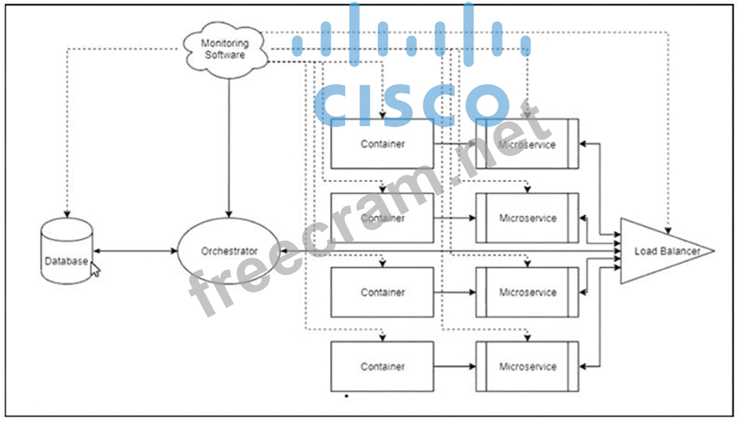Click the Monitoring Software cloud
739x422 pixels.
pyautogui.click(x=225, y=49)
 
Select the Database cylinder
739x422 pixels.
pyautogui.click(x=66, y=251)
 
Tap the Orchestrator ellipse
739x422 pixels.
pyautogui.click(x=229, y=251)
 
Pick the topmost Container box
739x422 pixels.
pyautogui.click(x=382, y=144)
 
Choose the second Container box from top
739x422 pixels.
pyautogui.click(x=382, y=218)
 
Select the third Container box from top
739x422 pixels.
pyautogui.click(x=382, y=292)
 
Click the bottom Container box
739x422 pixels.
pyautogui.click(x=382, y=366)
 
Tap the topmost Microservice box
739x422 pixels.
pyautogui.click(x=527, y=144)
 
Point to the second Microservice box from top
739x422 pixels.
pyautogui.click(x=527, y=218)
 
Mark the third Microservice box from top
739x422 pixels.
pyautogui.click(x=527, y=292)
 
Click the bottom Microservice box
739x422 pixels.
pyautogui.click(x=527, y=366)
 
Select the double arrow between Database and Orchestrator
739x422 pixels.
pyautogui.click(x=134, y=251)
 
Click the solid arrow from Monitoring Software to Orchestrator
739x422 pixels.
pyautogui.click(x=229, y=148)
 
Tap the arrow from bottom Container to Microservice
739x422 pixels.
pyautogui.click(x=454, y=366)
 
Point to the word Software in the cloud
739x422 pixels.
pyautogui.click(x=225, y=55)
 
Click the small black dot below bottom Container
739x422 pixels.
pyautogui.click(x=346, y=396)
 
